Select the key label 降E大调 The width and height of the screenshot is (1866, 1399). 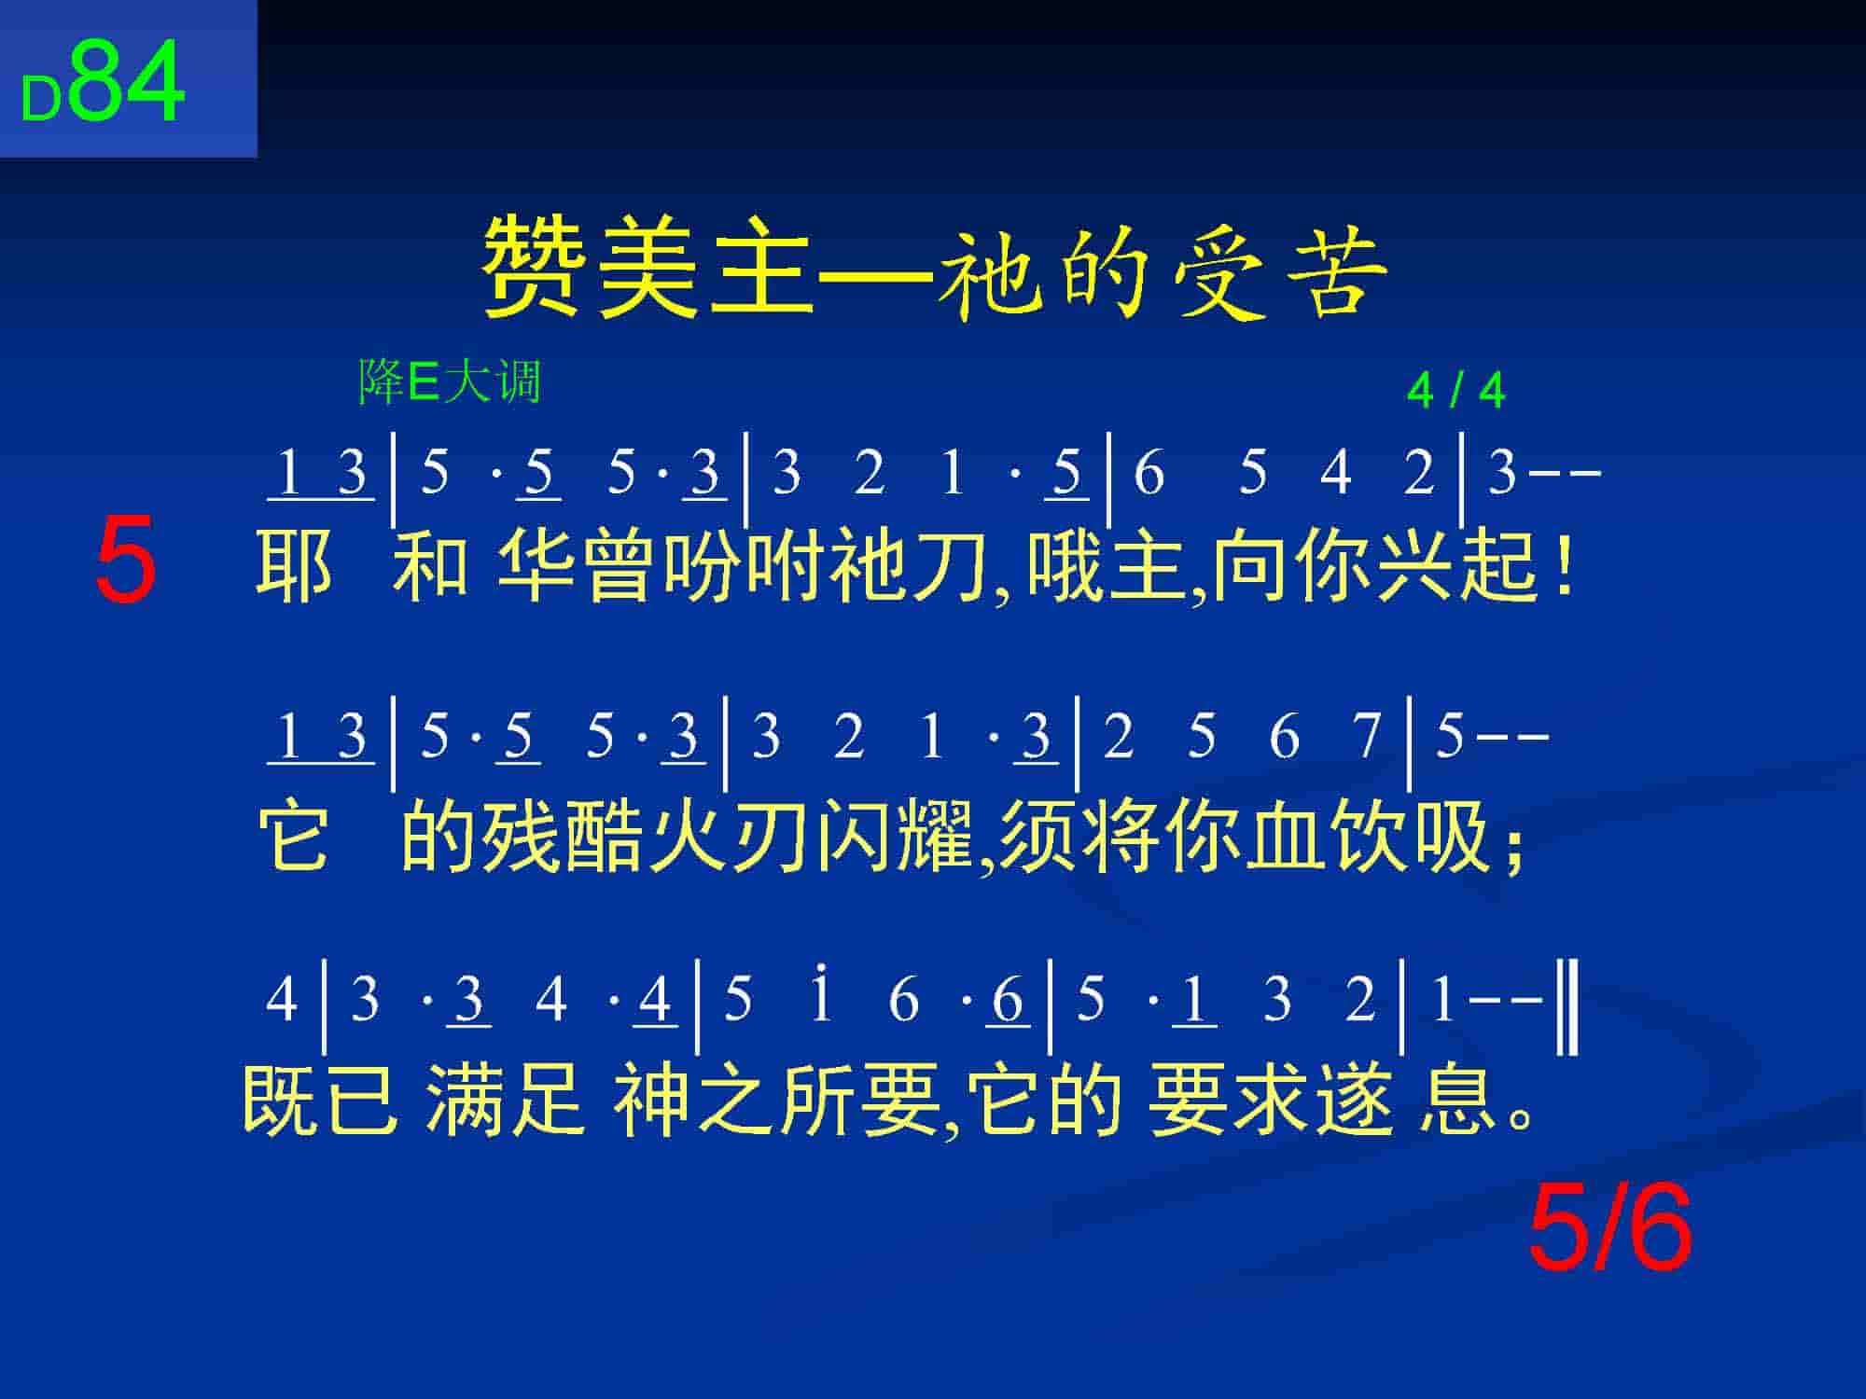coord(450,381)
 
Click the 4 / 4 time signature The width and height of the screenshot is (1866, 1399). coord(1455,391)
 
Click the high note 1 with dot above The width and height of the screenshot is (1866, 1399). coord(821,996)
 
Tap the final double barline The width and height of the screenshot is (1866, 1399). coord(1568,1009)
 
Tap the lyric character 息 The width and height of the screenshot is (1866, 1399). coord(1455,1101)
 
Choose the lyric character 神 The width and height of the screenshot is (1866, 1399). coord(650,1101)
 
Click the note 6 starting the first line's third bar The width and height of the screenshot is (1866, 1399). coord(1149,472)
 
